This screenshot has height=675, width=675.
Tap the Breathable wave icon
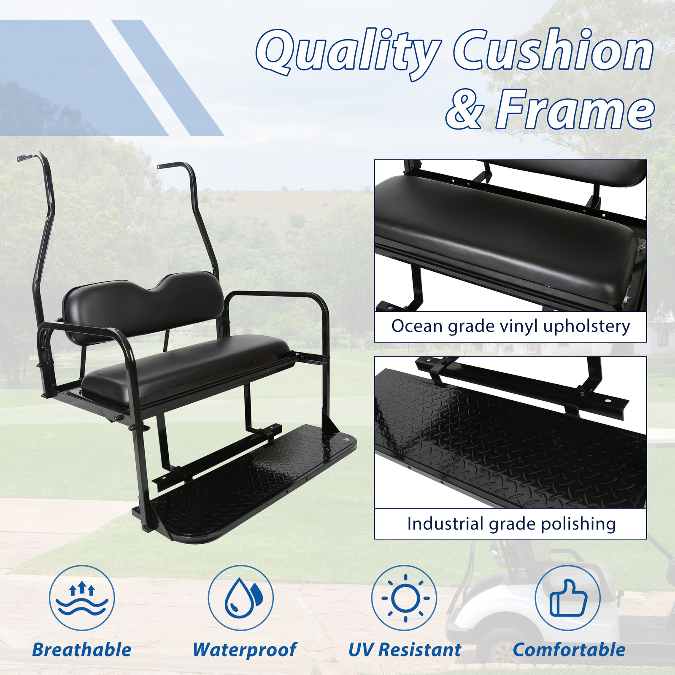pyautogui.click(x=82, y=598)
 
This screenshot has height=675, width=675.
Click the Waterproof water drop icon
pyautogui.click(x=241, y=598)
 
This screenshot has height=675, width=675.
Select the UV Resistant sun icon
pyautogui.click(x=405, y=598)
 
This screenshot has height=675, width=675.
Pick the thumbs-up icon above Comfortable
pyautogui.click(x=568, y=598)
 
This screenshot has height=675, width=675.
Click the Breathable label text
pyautogui.click(x=82, y=650)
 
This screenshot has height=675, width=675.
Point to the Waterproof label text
pyautogui.click(x=245, y=650)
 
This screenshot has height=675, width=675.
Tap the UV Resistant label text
pyautogui.click(x=405, y=650)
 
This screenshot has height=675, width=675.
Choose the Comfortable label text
pyautogui.click(x=569, y=650)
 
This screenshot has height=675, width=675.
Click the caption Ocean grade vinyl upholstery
pyautogui.click(x=510, y=327)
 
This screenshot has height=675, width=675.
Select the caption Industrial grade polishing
pyautogui.click(x=511, y=524)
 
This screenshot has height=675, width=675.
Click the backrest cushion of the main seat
pyautogui.click(x=143, y=306)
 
